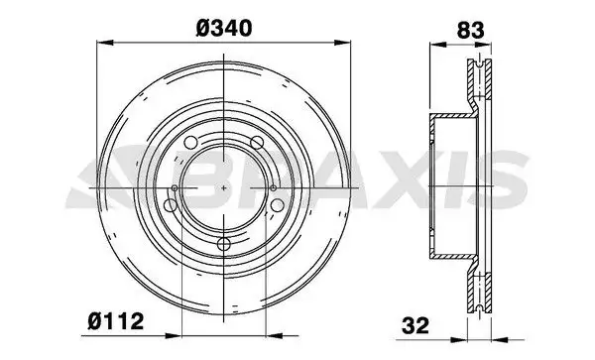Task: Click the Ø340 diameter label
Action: [224, 28]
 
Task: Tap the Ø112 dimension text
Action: [116, 321]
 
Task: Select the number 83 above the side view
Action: [470, 31]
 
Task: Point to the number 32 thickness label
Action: [416, 325]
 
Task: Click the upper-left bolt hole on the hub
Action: [190, 143]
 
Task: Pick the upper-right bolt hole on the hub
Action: [257, 143]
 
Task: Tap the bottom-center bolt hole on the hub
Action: [224, 244]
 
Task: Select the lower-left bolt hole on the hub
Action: [170, 205]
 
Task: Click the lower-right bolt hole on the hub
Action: [278, 205]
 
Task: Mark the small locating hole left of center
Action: [175, 187]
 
